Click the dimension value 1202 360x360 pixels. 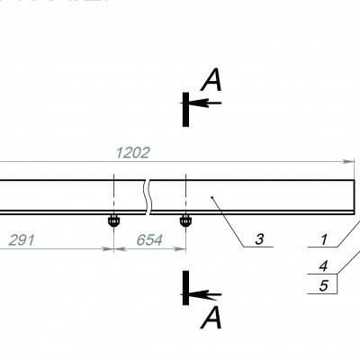132,152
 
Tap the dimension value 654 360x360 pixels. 149,240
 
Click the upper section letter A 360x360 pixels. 211,83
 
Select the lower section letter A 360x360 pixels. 211,317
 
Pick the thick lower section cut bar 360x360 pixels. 184,287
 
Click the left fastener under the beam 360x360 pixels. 114,220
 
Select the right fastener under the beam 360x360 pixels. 185,220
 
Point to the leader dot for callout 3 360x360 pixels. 211,196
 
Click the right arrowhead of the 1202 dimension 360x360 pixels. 350,162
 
